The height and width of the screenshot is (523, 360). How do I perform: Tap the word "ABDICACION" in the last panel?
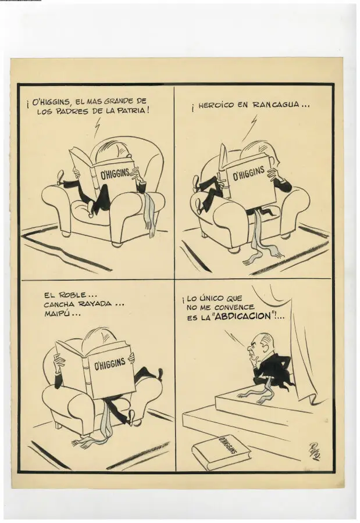coord(242,316)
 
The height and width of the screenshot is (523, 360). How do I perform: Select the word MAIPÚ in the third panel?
coord(55,314)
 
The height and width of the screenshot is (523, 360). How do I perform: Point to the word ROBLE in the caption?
coord(72,295)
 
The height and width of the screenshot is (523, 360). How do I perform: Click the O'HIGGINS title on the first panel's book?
coord(115,173)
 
